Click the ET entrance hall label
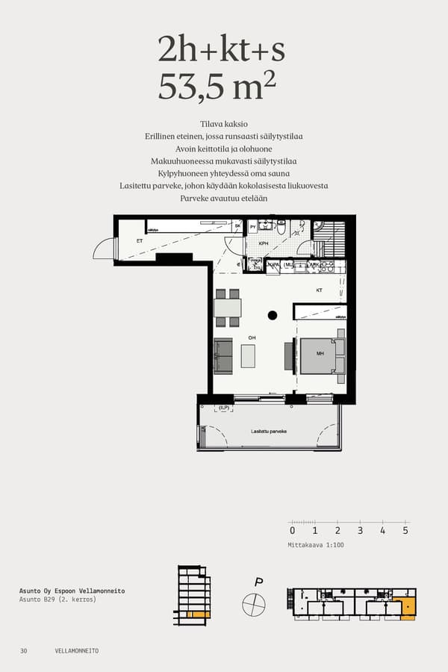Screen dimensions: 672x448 pyautogui.click(x=139, y=241)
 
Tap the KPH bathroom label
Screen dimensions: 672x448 pyautogui.click(x=264, y=243)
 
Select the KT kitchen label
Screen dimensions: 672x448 pyautogui.click(x=319, y=290)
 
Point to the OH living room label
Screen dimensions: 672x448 pyautogui.click(x=252, y=337)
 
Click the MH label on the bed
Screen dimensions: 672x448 pyautogui.click(x=320, y=354)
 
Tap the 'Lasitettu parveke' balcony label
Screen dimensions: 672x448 pyautogui.click(x=270, y=432)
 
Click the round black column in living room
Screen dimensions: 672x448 pyautogui.click(x=273, y=314)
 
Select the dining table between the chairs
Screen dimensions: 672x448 pyautogui.click(x=227, y=308)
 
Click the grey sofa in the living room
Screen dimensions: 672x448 pyautogui.click(x=223, y=355)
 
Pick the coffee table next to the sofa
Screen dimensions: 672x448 pyautogui.click(x=248, y=355)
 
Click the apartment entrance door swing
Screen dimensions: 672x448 pyautogui.click(x=105, y=248)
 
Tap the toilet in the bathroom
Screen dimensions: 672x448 pyautogui.click(x=281, y=227)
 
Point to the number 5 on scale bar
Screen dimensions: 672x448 pyautogui.click(x=405, y=531)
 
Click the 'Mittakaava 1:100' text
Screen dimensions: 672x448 pyautogui.click(x=316, y=545)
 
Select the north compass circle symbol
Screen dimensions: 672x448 pyautogui.click(x=254, y=604)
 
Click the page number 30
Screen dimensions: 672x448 pyautogui.click(x=24, y=651)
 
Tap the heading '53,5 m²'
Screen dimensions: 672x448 pyautogui.click(x=217, y=88)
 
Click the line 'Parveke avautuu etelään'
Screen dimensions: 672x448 pyautogui.click(x=224, y=199)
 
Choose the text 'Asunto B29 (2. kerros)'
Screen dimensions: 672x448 pyautogui.click(x=58, y=600)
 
